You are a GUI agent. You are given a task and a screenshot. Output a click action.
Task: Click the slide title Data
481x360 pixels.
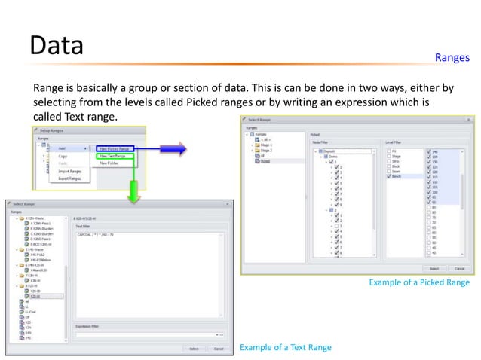pyautogui.click(x=56, y=47)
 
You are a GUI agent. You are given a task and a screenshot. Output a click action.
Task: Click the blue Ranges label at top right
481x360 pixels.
pyautogui.click(x=452, y=57)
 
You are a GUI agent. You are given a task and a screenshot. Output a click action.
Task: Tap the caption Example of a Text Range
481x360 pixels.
pyautogui.click(x=284, y=347)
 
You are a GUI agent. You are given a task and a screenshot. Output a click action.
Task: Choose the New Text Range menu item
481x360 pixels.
pyautogui.click(x=114, y=156)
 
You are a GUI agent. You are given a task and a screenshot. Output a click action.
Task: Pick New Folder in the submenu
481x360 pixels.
pyautogui.click(x=110, y=163)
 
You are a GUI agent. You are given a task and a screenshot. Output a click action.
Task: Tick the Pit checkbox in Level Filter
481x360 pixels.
pyautogui.click(x=394, y=151)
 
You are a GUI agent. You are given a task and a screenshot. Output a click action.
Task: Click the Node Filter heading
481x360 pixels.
pyautogui.click(x=320, y=141)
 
